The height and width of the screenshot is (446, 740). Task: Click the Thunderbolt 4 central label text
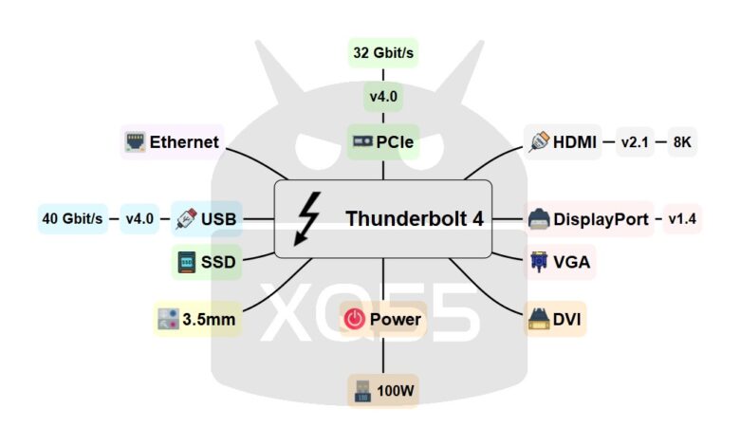[415, 219]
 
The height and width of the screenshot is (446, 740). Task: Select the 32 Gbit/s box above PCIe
[383, 53]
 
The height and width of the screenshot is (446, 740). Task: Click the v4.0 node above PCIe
[383, 96]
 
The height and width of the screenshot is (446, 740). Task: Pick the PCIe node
[383, 142]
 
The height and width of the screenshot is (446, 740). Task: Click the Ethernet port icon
[135, 142]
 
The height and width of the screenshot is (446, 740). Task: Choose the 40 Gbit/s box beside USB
[72, 219]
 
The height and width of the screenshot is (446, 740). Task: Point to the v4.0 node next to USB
[139, 219]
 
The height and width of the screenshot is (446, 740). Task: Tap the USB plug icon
[186, 219]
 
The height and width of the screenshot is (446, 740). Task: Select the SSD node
[206, 261]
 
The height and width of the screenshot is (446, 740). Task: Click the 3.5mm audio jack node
[196, 320]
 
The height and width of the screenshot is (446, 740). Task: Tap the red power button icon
[354, 320]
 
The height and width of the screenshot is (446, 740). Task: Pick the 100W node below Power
[383, 390]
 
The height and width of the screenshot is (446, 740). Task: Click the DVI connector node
[555, 320]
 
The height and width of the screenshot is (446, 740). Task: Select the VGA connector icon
[539, 261]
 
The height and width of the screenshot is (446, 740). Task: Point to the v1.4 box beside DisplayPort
[682, 219]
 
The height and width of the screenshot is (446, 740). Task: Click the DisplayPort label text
[601, 219]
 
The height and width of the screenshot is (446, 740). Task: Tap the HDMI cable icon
[538, 142]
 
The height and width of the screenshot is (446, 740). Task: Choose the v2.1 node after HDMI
[633, 142]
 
